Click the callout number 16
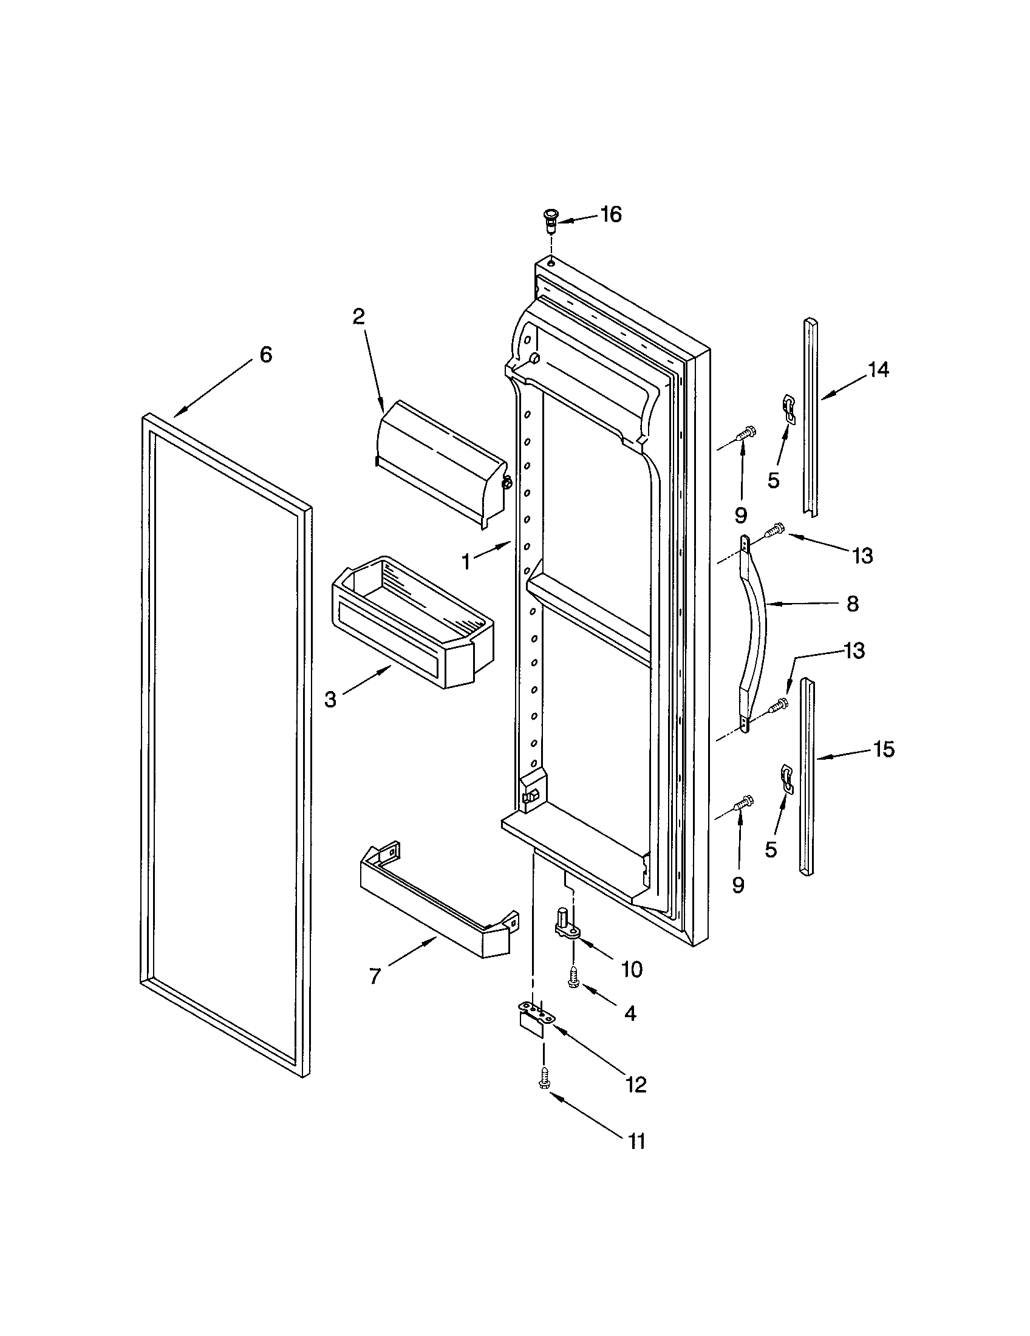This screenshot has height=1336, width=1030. (x=610, y=215)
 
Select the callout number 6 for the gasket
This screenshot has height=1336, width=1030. (x=266, y=355)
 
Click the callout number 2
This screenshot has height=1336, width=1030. (x=358, y=316)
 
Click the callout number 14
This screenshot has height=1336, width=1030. (x=878, y=369)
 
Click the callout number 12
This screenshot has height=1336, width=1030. (x=635, y=1085)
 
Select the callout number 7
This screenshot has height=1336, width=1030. (x=375, y=976)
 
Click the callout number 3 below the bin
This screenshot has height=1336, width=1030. (x=330, y=699)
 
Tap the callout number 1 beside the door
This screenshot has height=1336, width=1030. (x=466, y=562)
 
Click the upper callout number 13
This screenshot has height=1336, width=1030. (x=862, y=556)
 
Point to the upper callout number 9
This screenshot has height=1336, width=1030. (x=741, y=516)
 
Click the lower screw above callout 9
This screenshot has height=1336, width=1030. (x=745, y=802)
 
